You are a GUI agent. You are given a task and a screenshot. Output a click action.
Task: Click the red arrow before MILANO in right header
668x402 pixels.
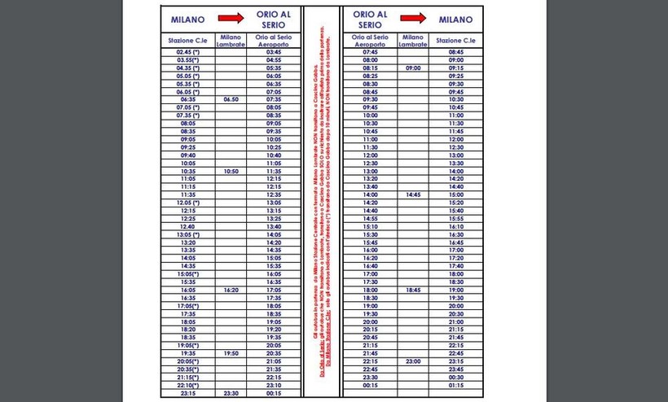coord(414,19)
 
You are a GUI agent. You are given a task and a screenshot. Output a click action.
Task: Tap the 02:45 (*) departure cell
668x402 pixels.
coord(187,51)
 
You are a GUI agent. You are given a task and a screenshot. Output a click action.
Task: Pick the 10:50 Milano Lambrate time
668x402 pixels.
coord(231,172)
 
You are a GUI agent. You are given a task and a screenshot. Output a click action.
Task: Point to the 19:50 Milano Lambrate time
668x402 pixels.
coord(231,353)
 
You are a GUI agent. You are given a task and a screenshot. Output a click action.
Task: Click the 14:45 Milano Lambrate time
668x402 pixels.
coord(413,195)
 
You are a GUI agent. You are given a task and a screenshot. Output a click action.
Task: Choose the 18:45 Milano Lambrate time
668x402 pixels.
coord(413,290)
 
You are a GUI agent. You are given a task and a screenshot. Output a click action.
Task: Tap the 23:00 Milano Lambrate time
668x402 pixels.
coord(413,360)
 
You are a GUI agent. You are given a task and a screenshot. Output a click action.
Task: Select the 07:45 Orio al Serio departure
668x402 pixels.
coord(371,51)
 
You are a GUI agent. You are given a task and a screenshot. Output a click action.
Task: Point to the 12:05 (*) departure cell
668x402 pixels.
coord(187,203)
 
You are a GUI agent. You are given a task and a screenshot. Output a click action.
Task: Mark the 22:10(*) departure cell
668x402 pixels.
coord(187,385)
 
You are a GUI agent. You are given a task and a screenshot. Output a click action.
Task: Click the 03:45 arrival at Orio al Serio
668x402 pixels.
coord(273,51)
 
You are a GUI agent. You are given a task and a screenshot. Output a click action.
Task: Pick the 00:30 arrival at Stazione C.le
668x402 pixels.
coord(455,376)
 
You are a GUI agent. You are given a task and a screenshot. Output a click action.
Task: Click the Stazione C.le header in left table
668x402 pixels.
coord(187,40)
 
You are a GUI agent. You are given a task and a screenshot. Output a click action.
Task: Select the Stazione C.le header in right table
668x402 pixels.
coord(455,40)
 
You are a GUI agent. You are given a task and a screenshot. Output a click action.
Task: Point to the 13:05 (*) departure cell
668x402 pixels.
coord(187,234)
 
